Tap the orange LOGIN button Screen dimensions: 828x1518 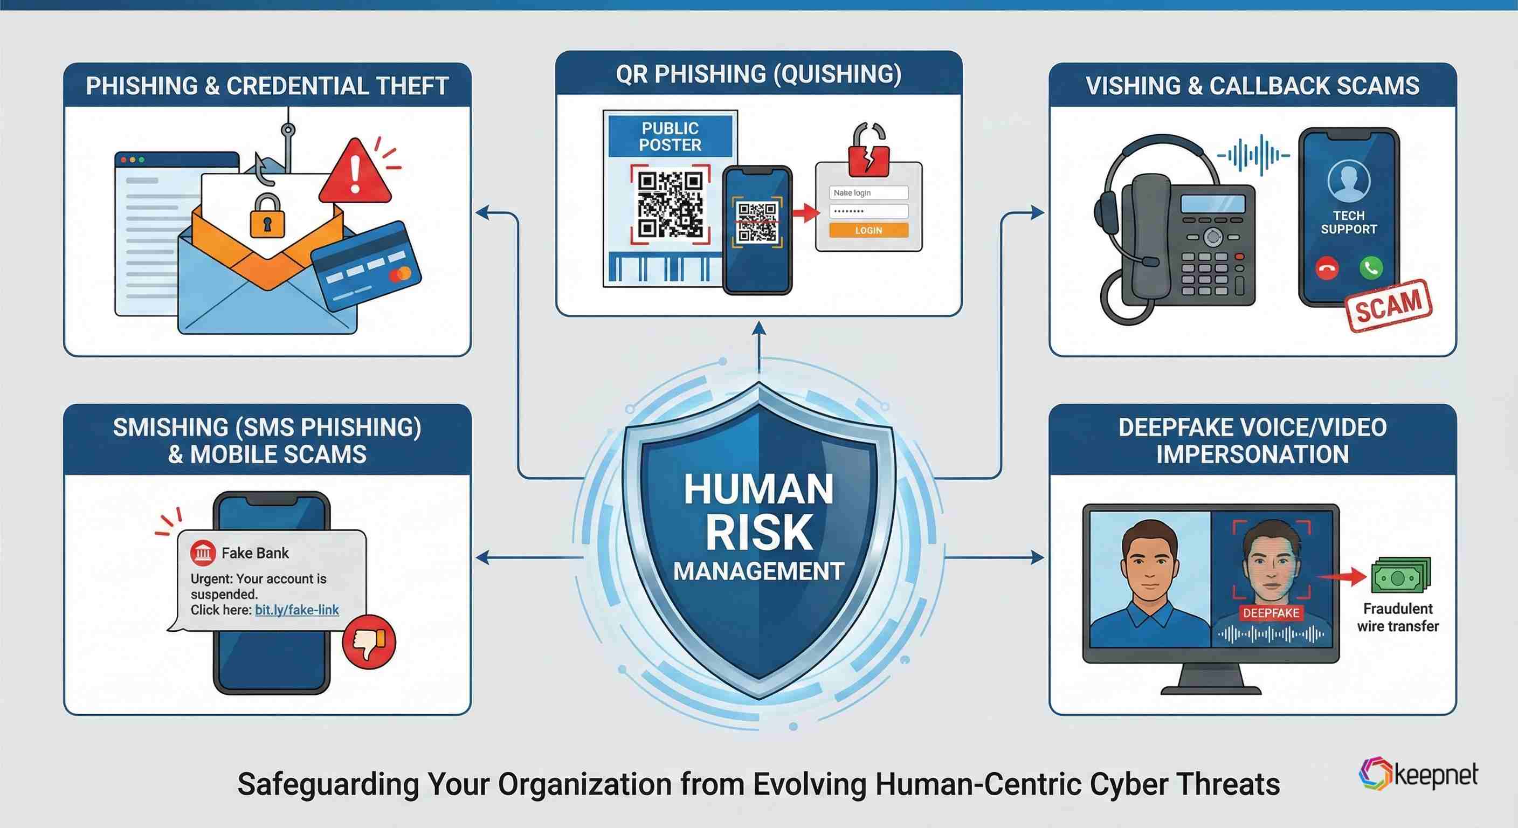(x=868, y=230)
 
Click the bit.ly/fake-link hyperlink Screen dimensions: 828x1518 (x=296, y=610)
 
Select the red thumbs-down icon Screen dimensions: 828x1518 (x=369, y=642)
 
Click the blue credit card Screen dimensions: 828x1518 (x=366, y=266)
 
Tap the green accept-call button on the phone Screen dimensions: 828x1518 (x=1371, y=268)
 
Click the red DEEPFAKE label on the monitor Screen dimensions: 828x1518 (x=1271, y=613)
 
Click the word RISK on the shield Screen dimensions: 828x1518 (x=759, y=533)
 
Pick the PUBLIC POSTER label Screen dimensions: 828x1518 (x=670, y=137)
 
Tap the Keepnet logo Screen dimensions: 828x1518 (x=1418, y=774)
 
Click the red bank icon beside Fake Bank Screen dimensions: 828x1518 (x=203, y=553)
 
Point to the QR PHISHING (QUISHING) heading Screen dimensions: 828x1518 (x=758, y=74)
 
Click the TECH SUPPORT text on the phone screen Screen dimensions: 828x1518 (x=1348, y=222)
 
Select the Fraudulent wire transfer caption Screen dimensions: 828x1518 (x=1398, y=617)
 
